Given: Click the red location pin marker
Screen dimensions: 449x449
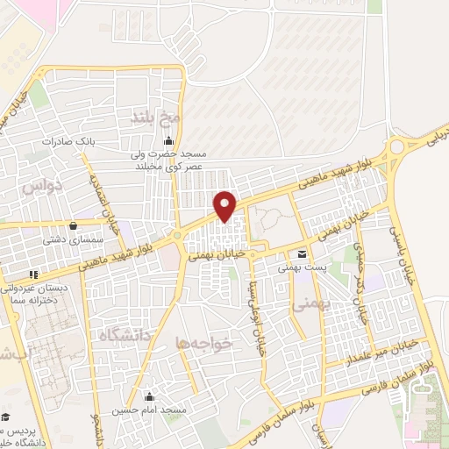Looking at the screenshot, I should [x=225, y=205].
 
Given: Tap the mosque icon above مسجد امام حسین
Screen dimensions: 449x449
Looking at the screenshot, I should [x=149, y=396].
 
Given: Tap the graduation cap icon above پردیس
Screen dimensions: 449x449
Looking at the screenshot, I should [x=5, y=417].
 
